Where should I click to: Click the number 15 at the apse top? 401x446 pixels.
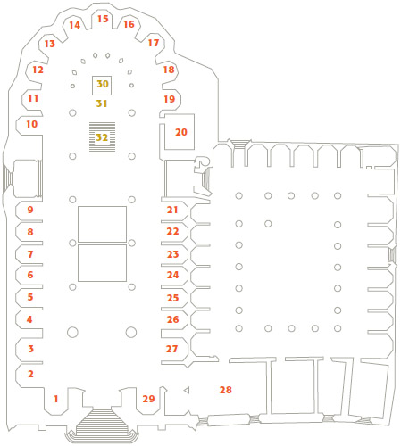[103, 19]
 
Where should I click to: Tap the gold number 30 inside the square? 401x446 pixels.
[103, 84]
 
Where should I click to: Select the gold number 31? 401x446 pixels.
[102, 103]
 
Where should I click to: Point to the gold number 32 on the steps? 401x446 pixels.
[102, 137]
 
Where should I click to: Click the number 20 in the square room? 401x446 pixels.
[181, 132]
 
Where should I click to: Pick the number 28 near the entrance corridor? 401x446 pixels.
[226, 390]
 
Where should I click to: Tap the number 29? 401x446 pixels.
[148, 399]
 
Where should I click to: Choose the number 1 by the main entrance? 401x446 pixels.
[55, 399]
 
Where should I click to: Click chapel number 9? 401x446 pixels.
[30, 210]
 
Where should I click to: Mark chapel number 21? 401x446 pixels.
[172, 210]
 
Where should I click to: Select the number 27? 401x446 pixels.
[171, 349]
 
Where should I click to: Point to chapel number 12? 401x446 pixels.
[38, 70]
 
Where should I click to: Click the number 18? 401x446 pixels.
[169, 70]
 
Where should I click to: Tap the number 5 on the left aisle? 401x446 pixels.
[30, 297]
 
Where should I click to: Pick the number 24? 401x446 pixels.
[172, 275]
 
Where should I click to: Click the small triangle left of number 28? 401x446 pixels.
[187, 390]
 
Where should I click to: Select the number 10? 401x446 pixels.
[32, 124]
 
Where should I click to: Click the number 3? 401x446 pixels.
[30, 349]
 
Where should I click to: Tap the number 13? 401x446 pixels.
[50, 44]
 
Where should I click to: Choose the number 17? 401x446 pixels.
[154, 43]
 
